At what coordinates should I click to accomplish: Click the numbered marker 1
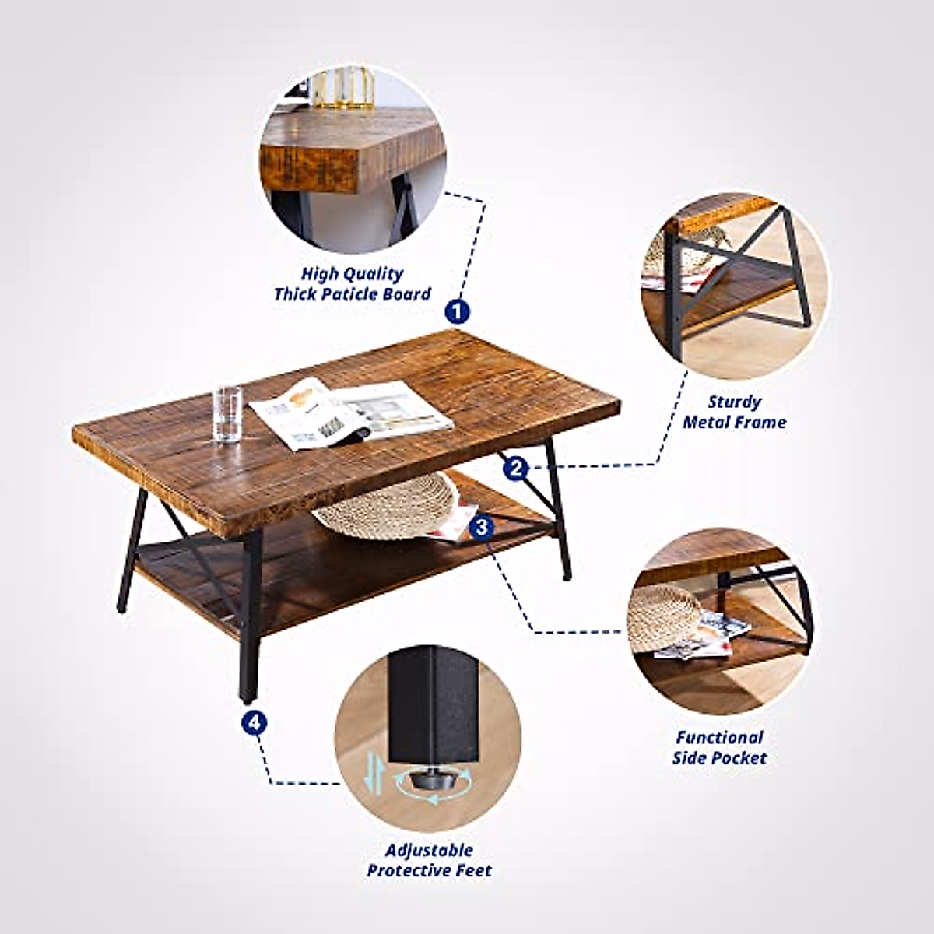pyautogui.click(x=458, y=311)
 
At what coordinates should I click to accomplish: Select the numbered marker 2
pyautogui.click(x=516, y=468)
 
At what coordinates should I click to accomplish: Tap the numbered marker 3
pyautogui.click(x=482, y=527)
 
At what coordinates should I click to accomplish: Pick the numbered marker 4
pyautogui.click(x=254, y=722)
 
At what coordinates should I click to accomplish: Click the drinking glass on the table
pyautogui.click(x=227, y=414)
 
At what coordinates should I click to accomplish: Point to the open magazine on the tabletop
pyautogui.click(x=350, y=413)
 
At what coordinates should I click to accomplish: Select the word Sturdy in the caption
pyautogui.click(x=734, y=402)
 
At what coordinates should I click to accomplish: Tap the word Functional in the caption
pyautogui.click(x=719, y=738)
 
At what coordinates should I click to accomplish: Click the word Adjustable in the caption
pyautogui.click(x=429, y=850)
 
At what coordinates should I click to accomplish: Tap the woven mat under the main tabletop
pyautogui.click(x=389, y=506)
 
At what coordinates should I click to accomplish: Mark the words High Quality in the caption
pyautogui.click(x=352, y=274)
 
